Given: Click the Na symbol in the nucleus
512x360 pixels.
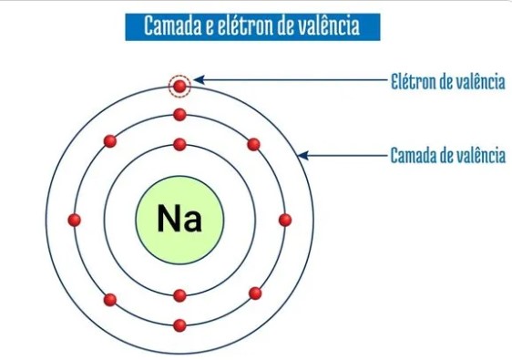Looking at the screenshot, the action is (179, 220).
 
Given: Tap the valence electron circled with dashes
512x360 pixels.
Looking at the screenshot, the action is (180, 87).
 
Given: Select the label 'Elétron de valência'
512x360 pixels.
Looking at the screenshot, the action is (447, 81).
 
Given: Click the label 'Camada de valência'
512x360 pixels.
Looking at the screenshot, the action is (447, 155).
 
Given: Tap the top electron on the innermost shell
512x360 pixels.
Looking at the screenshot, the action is (179, 144).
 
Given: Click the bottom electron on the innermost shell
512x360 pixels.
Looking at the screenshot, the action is (179, 294).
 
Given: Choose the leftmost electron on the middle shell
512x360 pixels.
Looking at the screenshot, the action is (75, 220).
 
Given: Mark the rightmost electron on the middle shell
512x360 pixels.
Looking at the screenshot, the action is (285, 220).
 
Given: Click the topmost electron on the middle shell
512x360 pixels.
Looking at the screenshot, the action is (179, 115).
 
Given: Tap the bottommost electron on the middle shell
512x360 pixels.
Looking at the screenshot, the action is (179, 324).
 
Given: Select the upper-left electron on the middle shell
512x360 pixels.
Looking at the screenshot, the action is (110, 141).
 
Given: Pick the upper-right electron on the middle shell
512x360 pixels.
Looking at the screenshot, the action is (253, 144).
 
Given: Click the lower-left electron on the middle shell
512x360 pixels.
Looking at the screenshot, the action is (110, 299).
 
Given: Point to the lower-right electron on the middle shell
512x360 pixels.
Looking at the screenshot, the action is (255, 293).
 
